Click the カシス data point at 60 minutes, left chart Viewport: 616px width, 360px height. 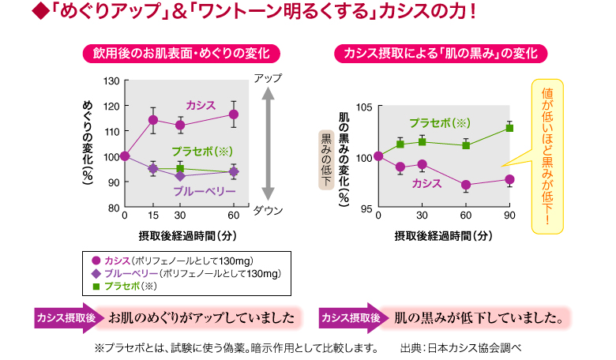pyautogui.click(x=233, y=114)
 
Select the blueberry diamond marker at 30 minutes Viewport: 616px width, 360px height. pyautogui.click(x=179, y=175)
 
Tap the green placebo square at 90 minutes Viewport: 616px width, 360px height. pyautogui.click(x=509, y=128)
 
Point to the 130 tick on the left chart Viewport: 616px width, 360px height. pyautogui.click(x=111, y=81)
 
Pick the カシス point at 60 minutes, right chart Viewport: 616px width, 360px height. pyautogui.click(x=466, y=186)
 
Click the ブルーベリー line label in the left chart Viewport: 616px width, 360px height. pyautogui.click(x=206, y=192)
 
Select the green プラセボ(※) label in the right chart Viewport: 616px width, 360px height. pyautogui.click(x=440, y=123)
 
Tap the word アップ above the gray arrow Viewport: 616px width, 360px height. pyautogui.click(x=268, y=78)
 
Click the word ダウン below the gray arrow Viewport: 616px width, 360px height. pyautogui.click(x=268, y=210)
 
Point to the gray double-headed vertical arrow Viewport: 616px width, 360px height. pyautogui.click(x=268, y=144)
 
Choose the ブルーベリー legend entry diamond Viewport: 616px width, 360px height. pyautogui.click(x=96, y=273)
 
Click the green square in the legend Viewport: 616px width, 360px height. pyautogui.click(x=96, y=286)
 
